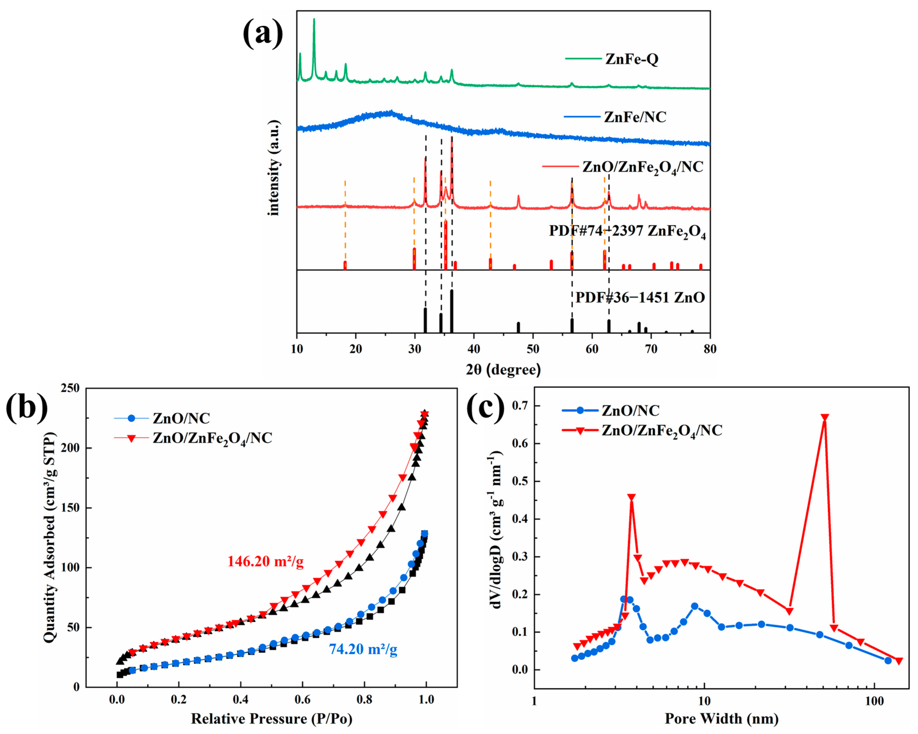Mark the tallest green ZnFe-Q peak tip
pos(314,19)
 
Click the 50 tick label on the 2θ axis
pos(533,349)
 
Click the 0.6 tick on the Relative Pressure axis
pos(303,699)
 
